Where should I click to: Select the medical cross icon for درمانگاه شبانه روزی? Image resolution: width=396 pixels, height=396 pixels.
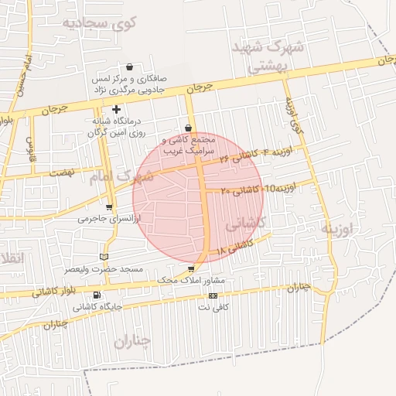[x=116, y=110]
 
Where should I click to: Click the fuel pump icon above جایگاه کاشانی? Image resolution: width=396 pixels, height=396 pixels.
[x=96, y=295]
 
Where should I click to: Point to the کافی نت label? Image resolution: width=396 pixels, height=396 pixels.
[x=214, y=307]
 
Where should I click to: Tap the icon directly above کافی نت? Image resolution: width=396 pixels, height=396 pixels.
[x=213, y=295]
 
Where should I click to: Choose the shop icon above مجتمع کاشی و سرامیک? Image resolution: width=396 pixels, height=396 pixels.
[x=189, y=128]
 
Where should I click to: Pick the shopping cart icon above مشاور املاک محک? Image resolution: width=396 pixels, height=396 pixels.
[x=191, y=268]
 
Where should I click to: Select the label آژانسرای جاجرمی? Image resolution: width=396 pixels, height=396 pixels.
[x=109, y=219]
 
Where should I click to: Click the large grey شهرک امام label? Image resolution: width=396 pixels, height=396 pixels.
[x=127, y=176]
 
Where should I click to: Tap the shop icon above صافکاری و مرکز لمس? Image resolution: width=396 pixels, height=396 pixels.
[x=128, y=67]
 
